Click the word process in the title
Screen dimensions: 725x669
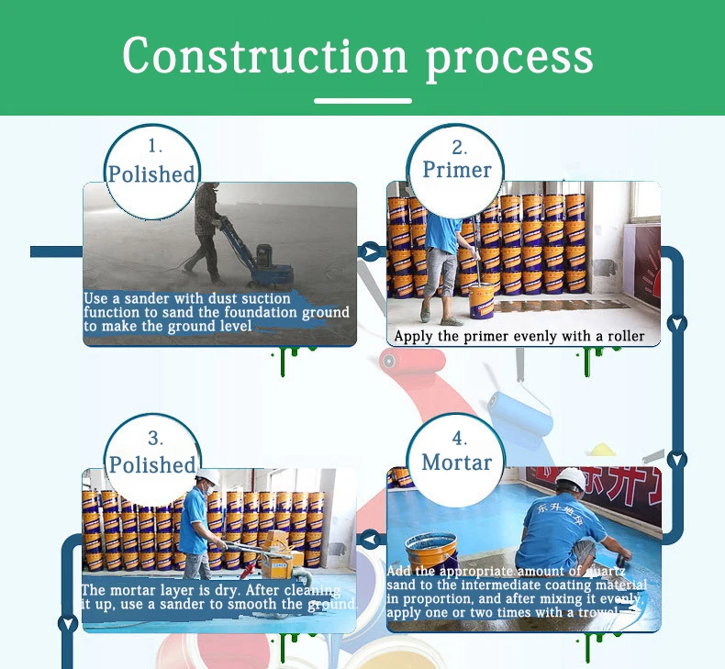point(508,57)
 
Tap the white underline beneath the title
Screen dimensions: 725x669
point(362,100)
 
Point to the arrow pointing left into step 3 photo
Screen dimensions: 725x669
point(371,538)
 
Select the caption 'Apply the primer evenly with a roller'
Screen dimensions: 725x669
point(519,337)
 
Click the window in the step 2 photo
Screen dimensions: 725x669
point(645,202)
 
